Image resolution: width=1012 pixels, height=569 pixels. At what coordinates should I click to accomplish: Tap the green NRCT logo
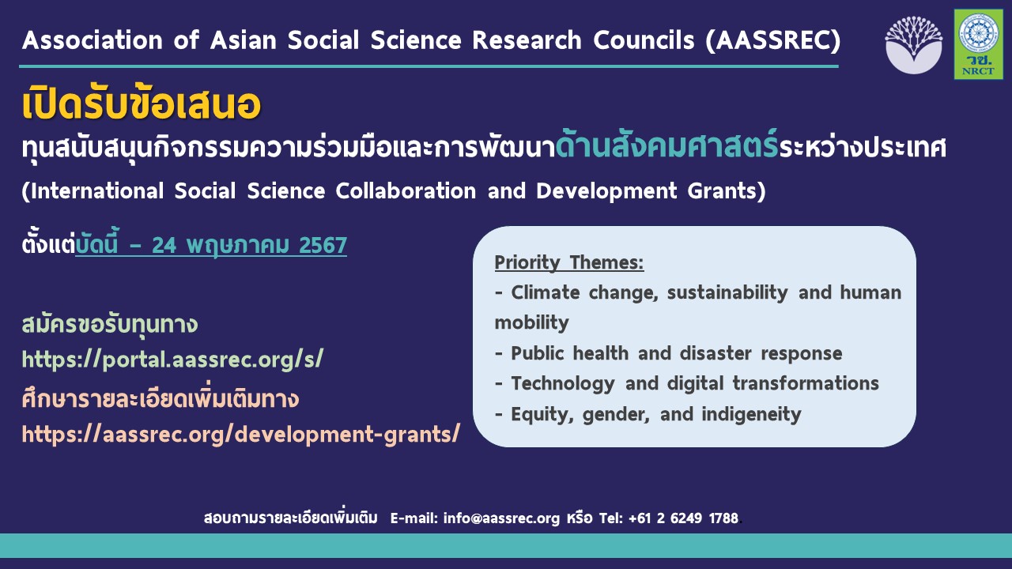click(978, 44)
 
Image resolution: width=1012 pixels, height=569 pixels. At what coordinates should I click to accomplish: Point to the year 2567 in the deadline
click(323, 246)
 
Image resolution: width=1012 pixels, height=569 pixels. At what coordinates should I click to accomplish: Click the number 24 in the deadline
click(164, 246)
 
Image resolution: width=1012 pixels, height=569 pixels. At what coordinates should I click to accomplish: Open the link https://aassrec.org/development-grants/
click(240, 434)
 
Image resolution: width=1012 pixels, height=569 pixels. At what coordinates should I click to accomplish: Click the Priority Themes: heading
click(569, 262)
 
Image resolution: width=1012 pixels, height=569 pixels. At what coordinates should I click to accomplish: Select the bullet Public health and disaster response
click(668, 353)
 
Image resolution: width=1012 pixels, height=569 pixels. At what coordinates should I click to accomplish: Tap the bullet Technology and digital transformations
click(686, 383)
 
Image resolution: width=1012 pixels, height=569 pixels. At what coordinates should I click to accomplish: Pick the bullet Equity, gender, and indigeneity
click(648, 413)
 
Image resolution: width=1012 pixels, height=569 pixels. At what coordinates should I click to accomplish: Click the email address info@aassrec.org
click(501, 518)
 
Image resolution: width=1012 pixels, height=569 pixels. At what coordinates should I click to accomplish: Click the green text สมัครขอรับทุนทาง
click(109, 325)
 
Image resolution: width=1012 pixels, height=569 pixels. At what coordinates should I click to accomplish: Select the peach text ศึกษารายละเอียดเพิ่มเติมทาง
click(160, 399)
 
